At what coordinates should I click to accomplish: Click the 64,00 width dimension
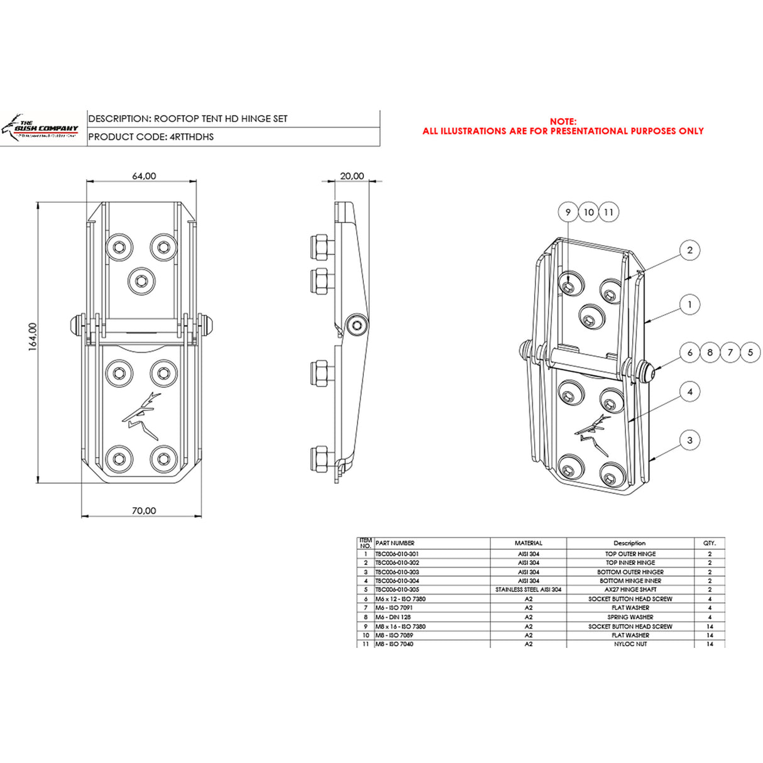[x=144, y=176]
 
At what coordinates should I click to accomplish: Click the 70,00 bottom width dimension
[x=144, y=511]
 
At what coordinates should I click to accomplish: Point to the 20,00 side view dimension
[x=352, y=176]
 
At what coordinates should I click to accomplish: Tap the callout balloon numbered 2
[x=689, y=250]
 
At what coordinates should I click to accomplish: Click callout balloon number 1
[x=689, y=305]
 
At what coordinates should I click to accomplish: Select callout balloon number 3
[x=689, y=440]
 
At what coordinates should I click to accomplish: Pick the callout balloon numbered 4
[x=689, y=392]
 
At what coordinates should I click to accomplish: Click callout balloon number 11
[x=608, y=212]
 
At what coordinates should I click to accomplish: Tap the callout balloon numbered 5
[x=750, y=353]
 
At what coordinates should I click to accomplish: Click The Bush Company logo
[x=43, y=128]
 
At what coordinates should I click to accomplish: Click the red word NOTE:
[x=563, y=121]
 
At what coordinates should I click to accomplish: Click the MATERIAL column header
[x=528, y=543]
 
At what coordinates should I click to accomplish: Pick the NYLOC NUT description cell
[x=630, y=644]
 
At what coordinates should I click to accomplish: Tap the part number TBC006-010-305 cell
[x=397, y=590]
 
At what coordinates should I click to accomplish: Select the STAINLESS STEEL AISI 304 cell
[x=528, y=590]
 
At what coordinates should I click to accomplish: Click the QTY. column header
[x=709, y=543]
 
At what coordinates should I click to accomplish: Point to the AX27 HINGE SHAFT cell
[x=630, y=590]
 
